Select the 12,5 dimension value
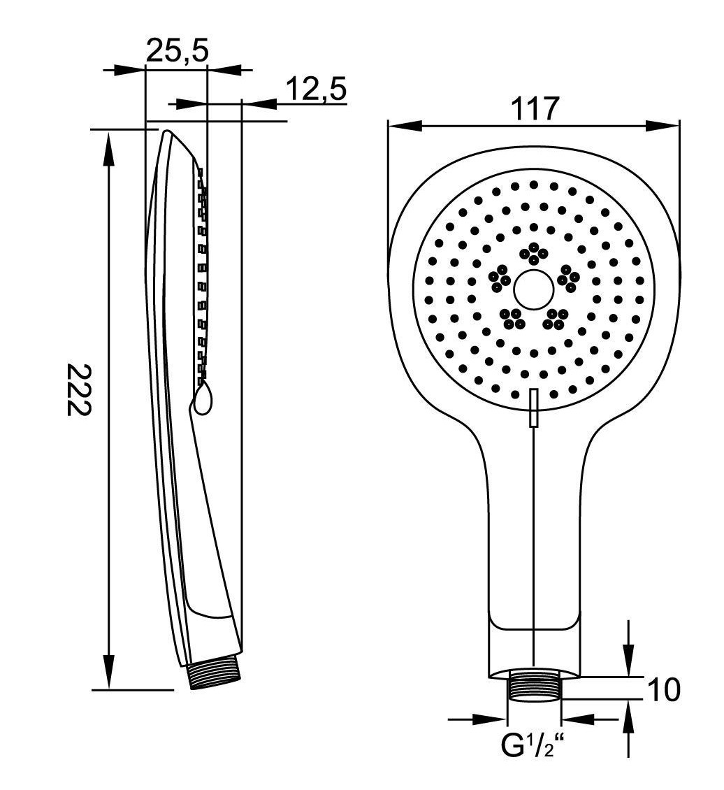pos(317,89)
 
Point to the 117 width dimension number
pos(535,108)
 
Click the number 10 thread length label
pos(664,690)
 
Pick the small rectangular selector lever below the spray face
pos(534,408)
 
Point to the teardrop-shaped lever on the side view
pos(203,398)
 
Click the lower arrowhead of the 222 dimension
pos(108,672)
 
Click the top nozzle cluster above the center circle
pos(534,253)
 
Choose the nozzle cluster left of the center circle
pos(500,277)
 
